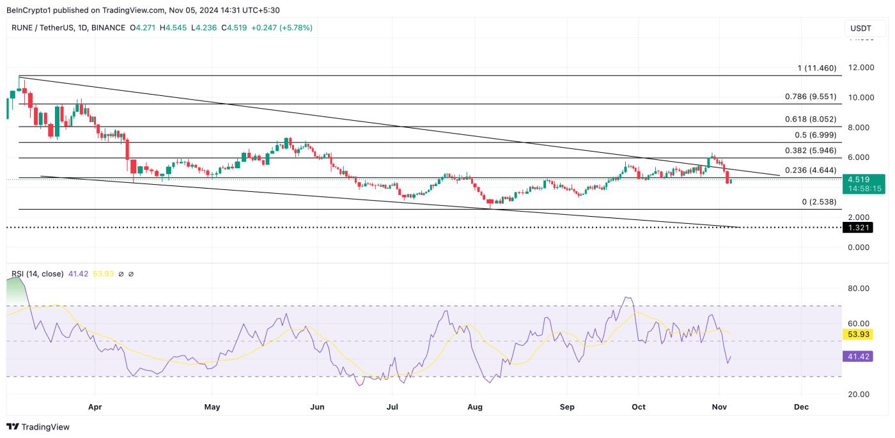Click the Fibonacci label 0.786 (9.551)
pos(810,97)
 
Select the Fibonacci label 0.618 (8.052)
pos(810,120)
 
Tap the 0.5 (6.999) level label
pos(815,135)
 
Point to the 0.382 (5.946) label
pos(810,151)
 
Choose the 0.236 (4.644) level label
pos(810,171)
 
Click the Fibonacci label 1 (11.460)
pos(816,68)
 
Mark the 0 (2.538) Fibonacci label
pos(819,202)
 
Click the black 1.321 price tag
pos(859,227)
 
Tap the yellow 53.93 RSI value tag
pos(858,334)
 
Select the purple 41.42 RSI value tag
pos(858,356)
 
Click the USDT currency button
pos(860,28)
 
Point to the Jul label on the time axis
pos(393,407)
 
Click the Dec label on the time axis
pos(802,407)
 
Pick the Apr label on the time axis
pos(95,407)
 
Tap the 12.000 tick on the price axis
pos(860,68)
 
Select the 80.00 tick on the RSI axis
pos(858,288)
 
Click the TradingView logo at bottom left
pos(38,426)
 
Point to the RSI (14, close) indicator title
pos(37,274)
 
